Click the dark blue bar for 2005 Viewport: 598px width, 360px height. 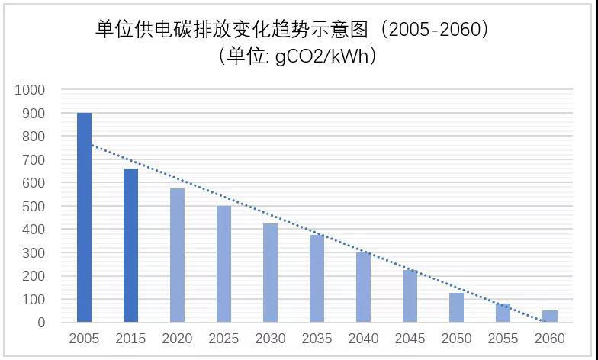coord(84,217)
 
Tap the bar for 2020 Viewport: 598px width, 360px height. coord(177,256)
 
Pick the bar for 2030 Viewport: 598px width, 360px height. coord(270,273)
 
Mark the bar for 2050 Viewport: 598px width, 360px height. coord(456,307)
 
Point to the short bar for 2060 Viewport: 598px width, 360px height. coord(549,317)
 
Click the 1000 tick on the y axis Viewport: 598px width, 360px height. coord(30,90)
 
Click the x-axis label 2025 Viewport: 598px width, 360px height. coord(223,339)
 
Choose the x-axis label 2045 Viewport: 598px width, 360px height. coord(410,339)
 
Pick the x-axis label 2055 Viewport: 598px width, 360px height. coord(503,339)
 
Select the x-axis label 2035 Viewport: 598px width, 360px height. coord(317,339)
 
